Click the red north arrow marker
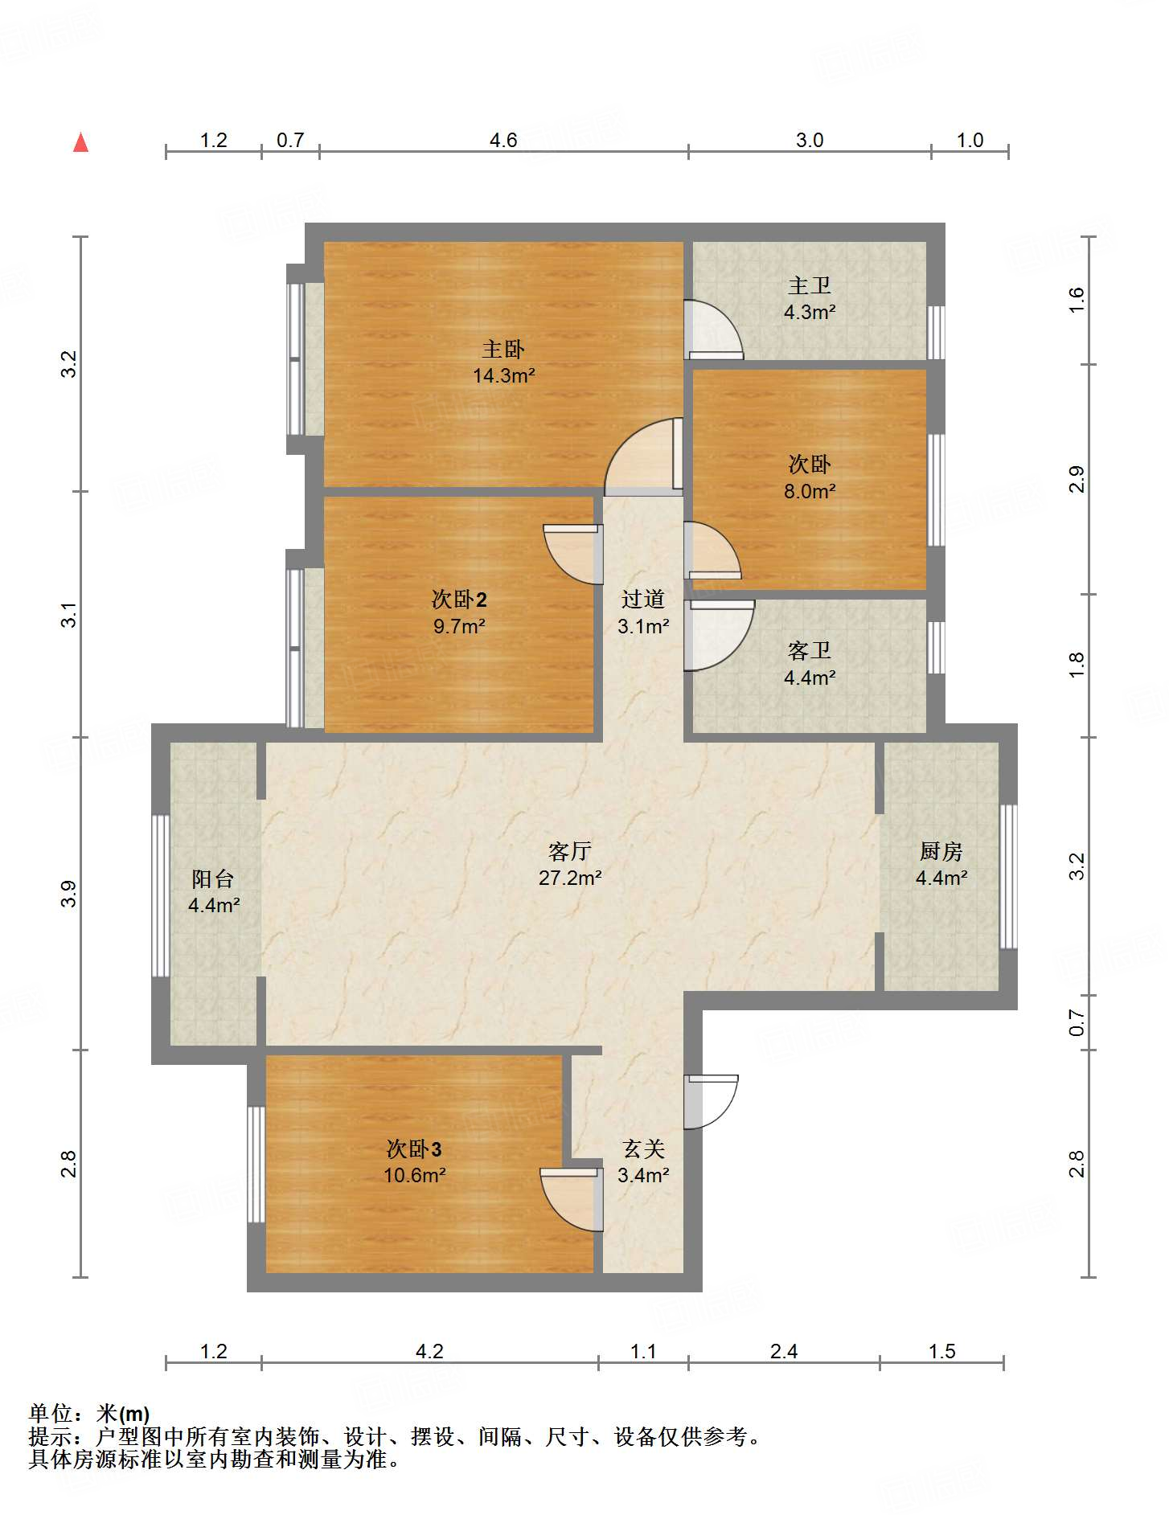(x=80, y=142)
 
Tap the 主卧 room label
(x=503, y=349)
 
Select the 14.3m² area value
(x=504, y=375)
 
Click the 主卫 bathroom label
(x=810, y=285)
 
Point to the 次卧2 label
(x=459, y=600)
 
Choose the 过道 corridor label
(x=643, y=599)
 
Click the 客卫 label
(x=810, y=650)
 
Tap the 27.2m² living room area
(x=570, y=878)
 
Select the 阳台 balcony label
(x=213, y=878)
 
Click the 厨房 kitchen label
(x=941, y=851)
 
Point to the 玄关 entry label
(x=643, y=1149)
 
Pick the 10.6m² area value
(x=415, y=1175)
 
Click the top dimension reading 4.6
(x=503, y=141)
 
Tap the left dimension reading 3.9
(x=70, y=894)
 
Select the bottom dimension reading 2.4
(x=784, y=1352)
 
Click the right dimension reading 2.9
(x=1077, y=480)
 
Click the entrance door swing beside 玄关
(x=712, y=1101)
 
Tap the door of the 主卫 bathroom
(x=713, y=330)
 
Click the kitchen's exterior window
(x=1008, y=877)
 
